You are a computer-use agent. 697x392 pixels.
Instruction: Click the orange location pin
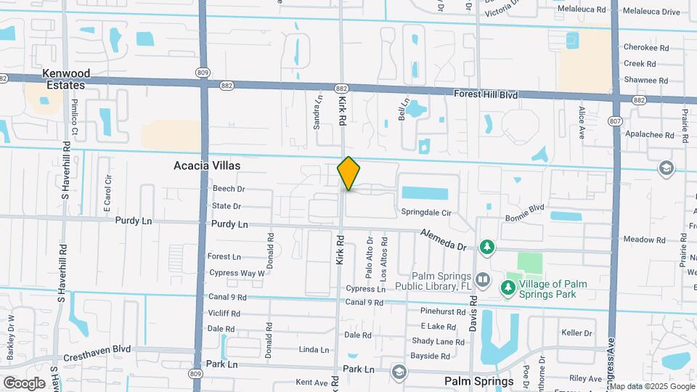[348, 173]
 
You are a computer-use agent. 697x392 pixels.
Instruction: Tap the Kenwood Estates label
[66, 79]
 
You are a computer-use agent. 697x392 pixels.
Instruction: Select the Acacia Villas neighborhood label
[207, 166]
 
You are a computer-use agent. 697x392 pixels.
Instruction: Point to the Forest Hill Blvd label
[485, 94]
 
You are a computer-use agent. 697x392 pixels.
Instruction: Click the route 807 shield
[616, 121]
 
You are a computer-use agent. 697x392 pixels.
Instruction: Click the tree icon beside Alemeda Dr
[487, 248]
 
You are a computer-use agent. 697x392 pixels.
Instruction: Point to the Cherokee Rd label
[645, 48]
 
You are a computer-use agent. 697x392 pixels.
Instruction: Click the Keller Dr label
[577, 333]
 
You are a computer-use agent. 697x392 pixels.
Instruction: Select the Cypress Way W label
[237, 273]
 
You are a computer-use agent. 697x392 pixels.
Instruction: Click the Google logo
[24, 383]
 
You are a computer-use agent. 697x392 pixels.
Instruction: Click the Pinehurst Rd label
[442, 311]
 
